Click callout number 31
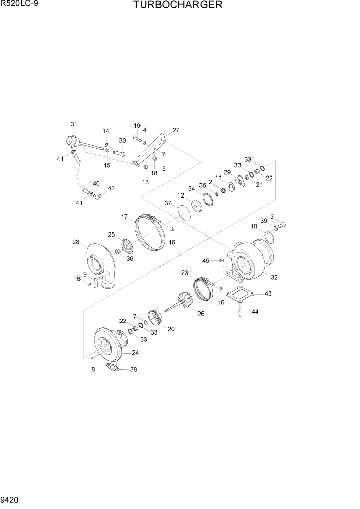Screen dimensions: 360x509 coord(74,124)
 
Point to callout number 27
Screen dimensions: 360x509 coord(176,130)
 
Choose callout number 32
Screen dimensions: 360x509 coord(274,277)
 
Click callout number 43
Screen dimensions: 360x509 coord(268,294)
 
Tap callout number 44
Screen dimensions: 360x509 coord(255,312)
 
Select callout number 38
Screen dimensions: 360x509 coord(134,369)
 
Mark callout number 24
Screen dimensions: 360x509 coord(135,353)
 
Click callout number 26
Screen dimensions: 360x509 coord(201,314)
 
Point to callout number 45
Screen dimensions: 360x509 coord(206,261)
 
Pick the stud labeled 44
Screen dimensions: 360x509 coord(240,312)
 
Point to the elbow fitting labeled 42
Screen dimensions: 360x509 coord(97,195)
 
